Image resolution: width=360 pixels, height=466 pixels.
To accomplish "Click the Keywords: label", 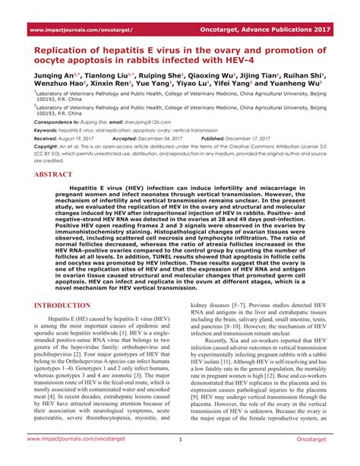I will [x=46, y=130].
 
